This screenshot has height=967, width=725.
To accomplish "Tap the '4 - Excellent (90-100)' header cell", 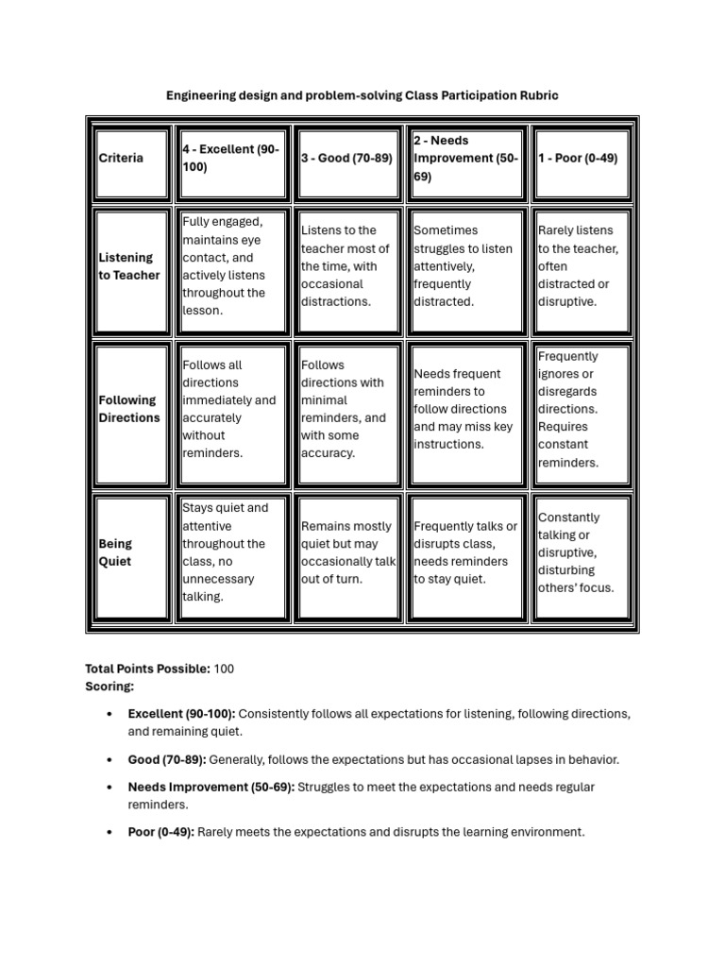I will pos(232,158).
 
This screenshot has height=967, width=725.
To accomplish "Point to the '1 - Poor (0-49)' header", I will pos(580,158).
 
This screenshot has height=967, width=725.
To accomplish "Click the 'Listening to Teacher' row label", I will pos(129,266).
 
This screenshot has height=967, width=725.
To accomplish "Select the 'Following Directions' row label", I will pos(129,409).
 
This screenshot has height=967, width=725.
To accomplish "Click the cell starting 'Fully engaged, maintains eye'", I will pos(232,266).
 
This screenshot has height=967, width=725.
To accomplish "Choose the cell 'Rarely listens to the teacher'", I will pos(580,266).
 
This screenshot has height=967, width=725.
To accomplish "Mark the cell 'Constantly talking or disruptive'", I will pos(580,552).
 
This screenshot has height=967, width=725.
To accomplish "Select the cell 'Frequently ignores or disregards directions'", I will pos(580,409).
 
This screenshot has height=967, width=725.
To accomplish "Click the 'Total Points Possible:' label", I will pos(147,669).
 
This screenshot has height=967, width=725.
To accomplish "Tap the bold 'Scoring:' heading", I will pos(110,687).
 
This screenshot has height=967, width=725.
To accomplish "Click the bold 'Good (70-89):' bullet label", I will pos(167,759).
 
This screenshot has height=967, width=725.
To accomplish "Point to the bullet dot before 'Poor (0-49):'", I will pos(111,832).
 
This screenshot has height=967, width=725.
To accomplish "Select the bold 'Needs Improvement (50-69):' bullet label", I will pos(211,787).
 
